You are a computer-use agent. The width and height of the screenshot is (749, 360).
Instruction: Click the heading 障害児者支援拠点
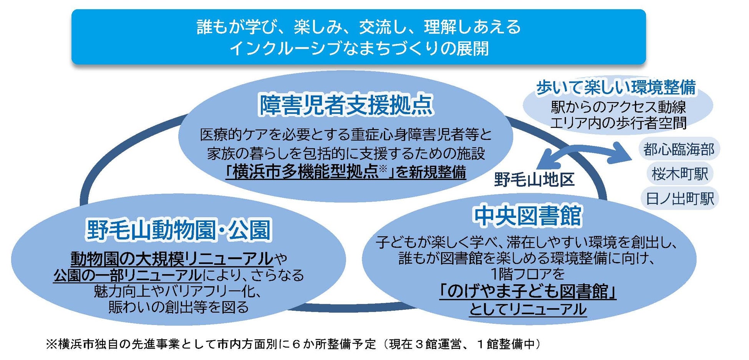pyautogui.click(x=346, y=105)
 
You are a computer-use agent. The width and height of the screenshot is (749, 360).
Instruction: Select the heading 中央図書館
pyautogui.click(x=528, y=216)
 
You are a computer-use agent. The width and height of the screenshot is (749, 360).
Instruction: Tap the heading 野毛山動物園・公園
pyautogui.click(x=179, y=230)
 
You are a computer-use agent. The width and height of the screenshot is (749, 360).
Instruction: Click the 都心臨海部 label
pyautogui.click(x=679, y=149)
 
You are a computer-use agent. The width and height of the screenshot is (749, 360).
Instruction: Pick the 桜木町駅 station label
pyautogui.click(x=680, y=174)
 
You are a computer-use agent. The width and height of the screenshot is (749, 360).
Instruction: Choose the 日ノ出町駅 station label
pyautogui.click(x=680, y=199)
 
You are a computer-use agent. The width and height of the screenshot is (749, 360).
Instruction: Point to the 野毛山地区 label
pyautogui.click(x=534, y=179)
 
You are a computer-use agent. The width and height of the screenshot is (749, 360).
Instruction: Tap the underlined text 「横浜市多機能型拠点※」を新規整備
pyautogui.click(x=346, y=172)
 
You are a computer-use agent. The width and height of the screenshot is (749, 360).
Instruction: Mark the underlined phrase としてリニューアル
pyautogui.click(x=528, y=309)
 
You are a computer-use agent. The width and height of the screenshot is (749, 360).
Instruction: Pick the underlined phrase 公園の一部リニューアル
pyautogui.click(x=128, y=275)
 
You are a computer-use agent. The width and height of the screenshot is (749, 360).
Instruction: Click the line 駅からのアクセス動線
pyautogui.click(x=618, y=106)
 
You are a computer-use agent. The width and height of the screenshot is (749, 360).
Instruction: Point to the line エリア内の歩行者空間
pyautogui.click(x=618, y=123)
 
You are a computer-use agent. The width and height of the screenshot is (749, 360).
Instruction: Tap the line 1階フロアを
pyautogui.click(x=528, y=274)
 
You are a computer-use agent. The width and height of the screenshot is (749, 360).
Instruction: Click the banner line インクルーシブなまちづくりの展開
pyautogui.click(x=359, y=48)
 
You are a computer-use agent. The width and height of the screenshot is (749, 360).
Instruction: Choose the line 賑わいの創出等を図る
pyautogui.click(x=179, y=307)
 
